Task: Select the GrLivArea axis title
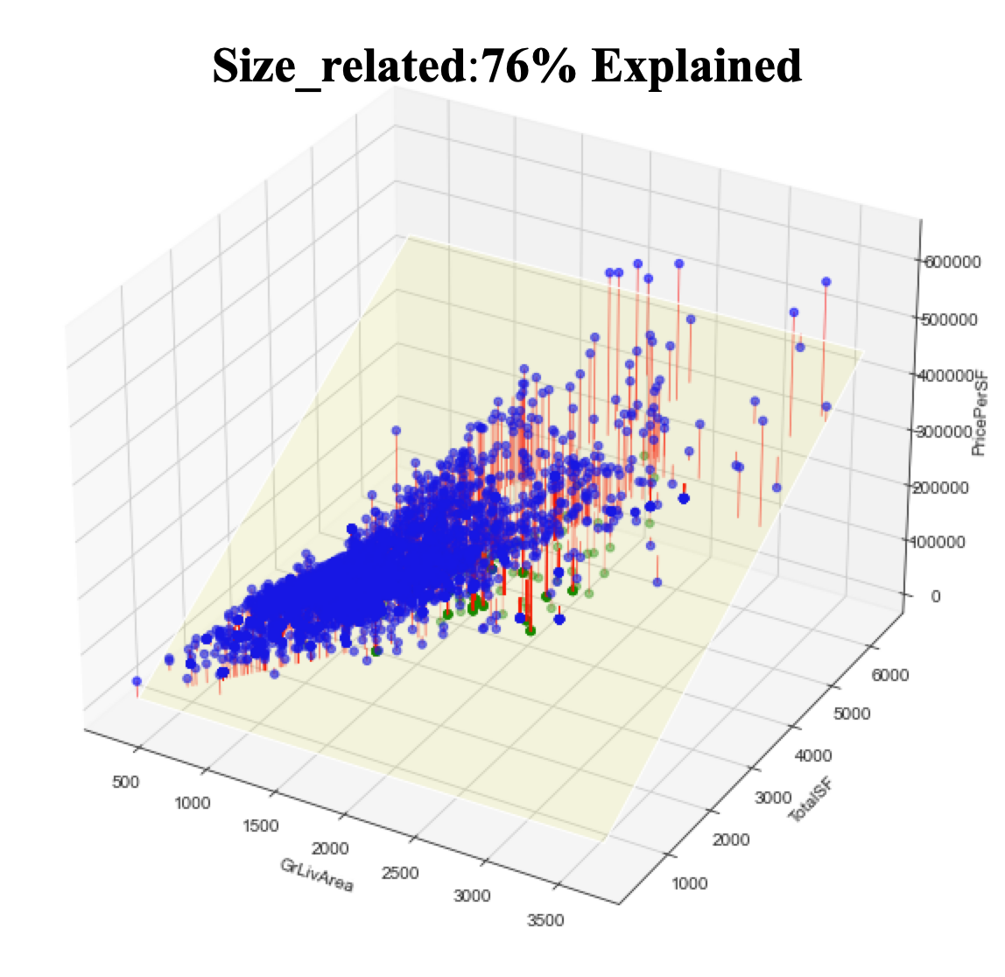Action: [317, 875]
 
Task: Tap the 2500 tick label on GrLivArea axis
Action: [401, 873]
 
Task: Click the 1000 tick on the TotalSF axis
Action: [689, 882]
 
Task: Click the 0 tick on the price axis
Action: [935, 596]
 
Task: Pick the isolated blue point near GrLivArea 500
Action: [137, 681]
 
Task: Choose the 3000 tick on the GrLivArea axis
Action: [474, 896]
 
